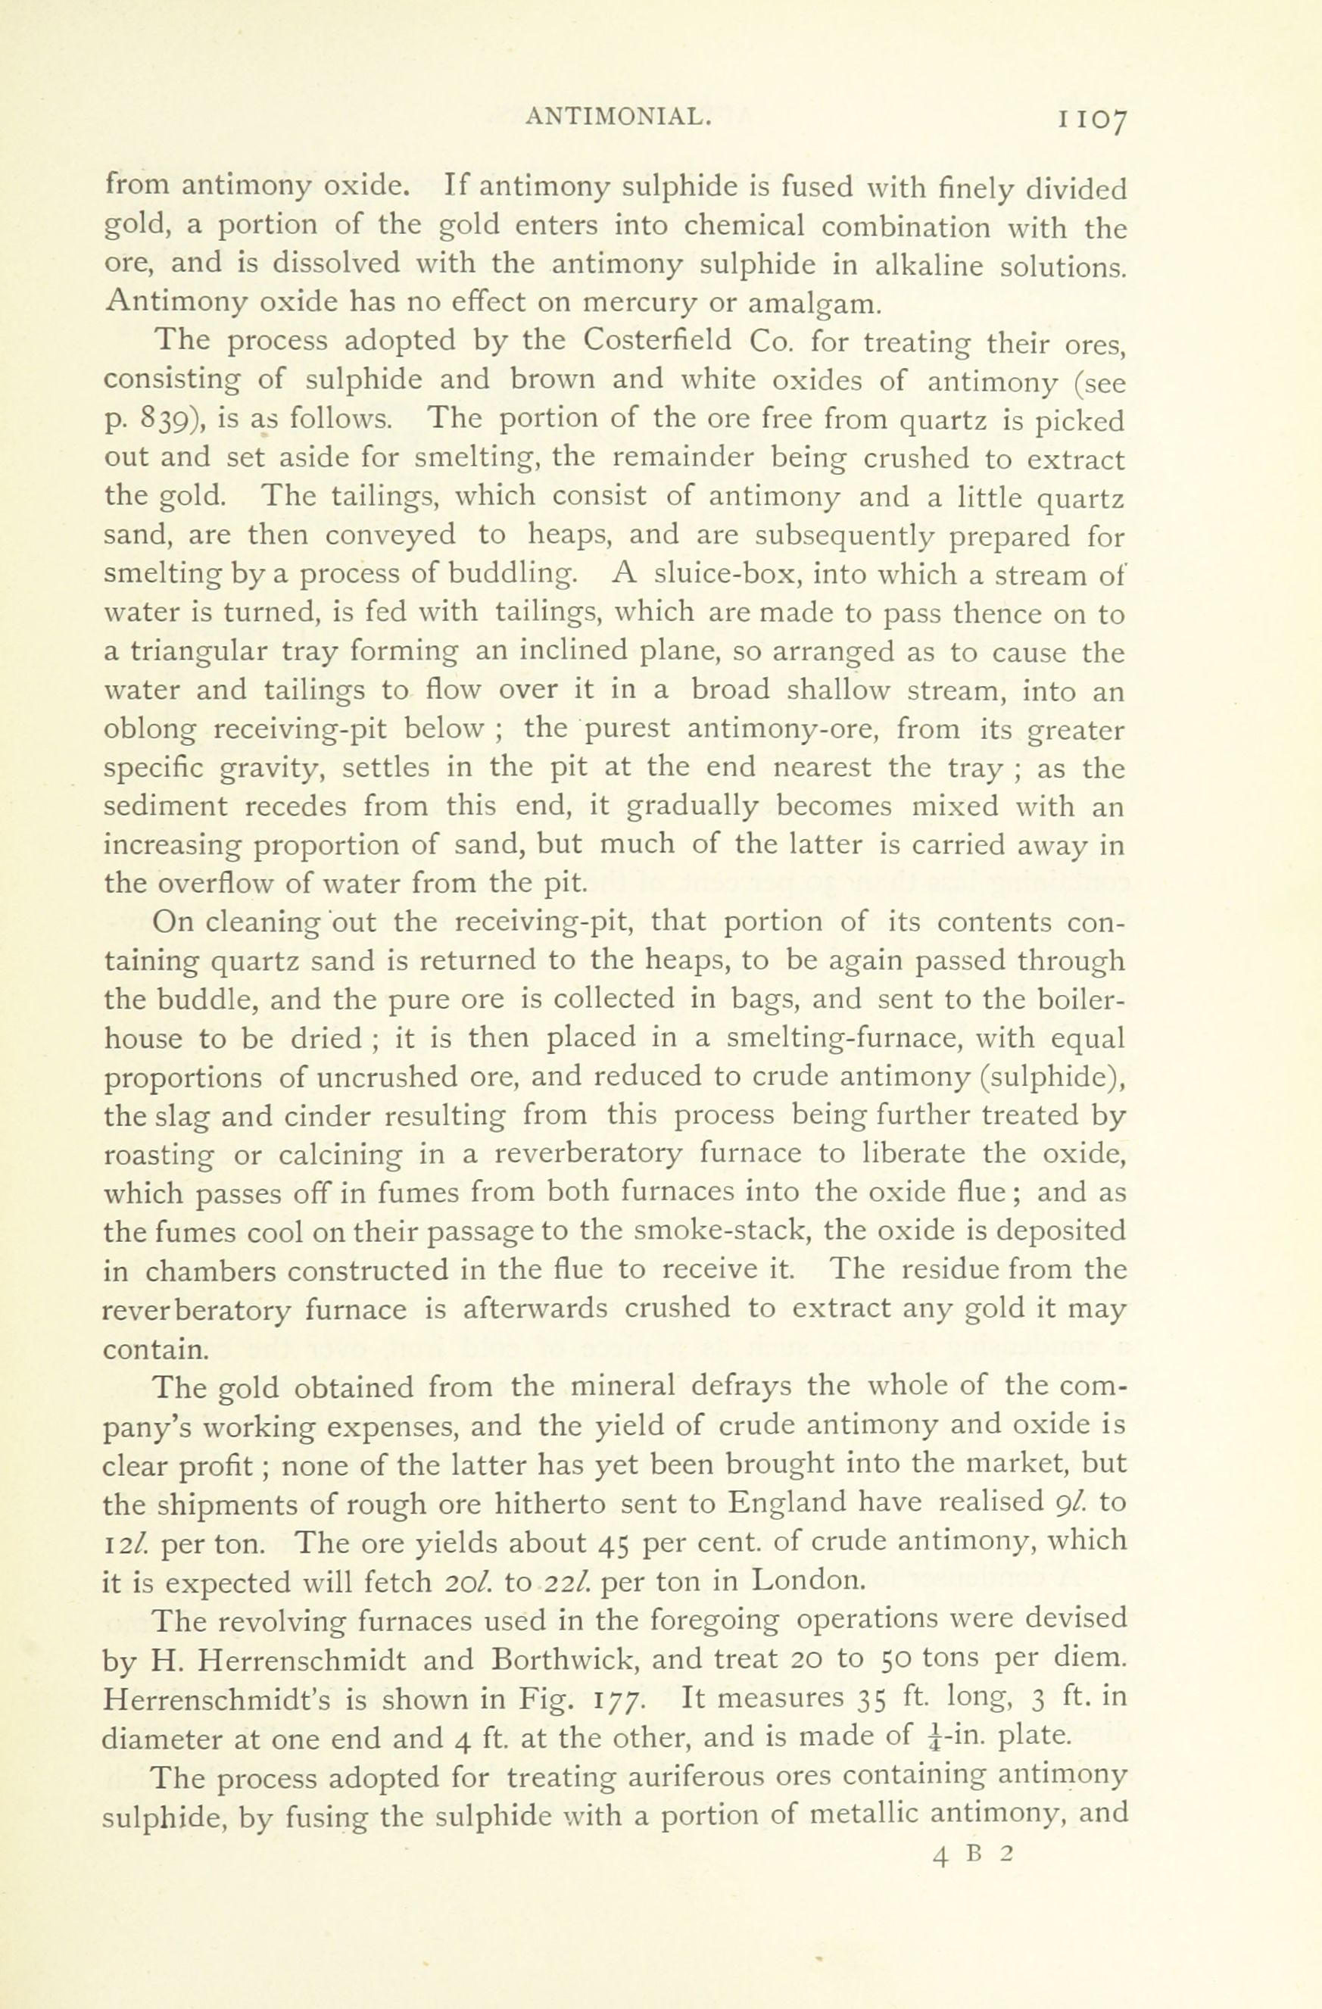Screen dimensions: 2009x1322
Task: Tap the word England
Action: [787, 1503]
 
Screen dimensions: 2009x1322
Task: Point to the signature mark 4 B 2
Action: [972, 1855]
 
